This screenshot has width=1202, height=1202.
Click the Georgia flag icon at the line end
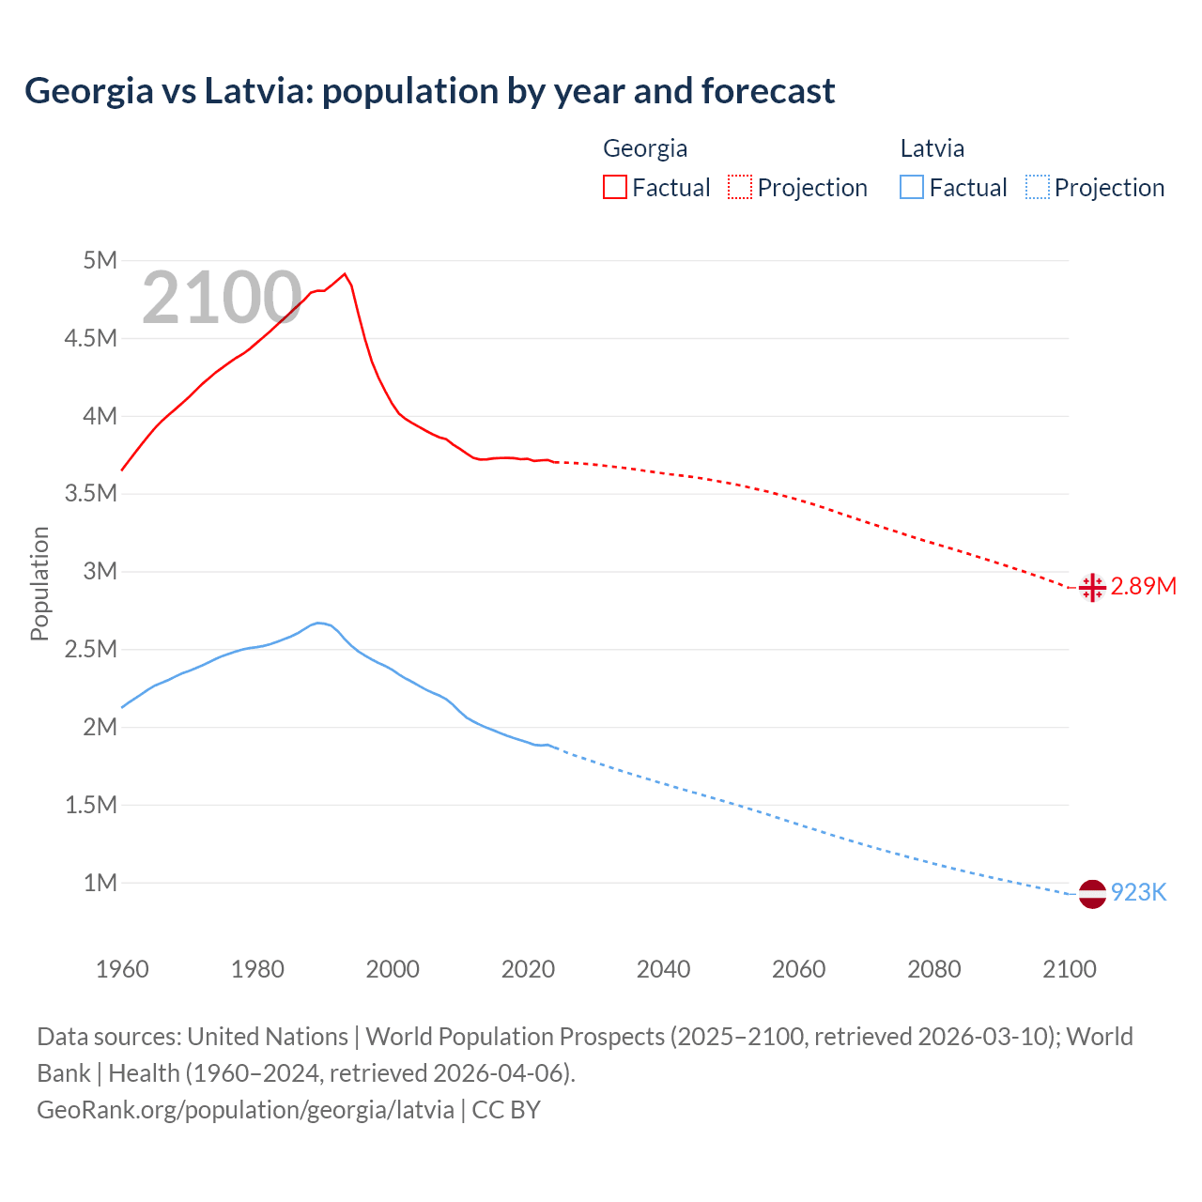[1091, 587]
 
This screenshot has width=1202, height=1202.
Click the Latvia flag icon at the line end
[1091, 893]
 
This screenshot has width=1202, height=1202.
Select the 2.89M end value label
[1143, 587]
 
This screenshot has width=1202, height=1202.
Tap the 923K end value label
[1138, 893]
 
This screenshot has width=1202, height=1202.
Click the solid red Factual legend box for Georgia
[614, 188]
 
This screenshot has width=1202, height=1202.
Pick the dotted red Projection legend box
[740, 188]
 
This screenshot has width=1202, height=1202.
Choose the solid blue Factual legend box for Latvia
[911, 188]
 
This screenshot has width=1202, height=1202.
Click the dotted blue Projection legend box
[1037, 188]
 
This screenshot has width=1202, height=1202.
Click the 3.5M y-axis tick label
[91, 494]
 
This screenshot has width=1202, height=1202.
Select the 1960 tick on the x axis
[122, 969]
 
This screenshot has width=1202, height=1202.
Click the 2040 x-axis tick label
[663, 969]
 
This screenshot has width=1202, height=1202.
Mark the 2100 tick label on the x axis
[1069, 969]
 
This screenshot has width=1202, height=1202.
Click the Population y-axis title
[39, 583]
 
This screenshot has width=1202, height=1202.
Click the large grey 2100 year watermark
[222, 299]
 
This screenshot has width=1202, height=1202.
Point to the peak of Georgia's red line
[345, 273]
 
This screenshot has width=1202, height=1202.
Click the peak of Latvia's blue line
[318, 623]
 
